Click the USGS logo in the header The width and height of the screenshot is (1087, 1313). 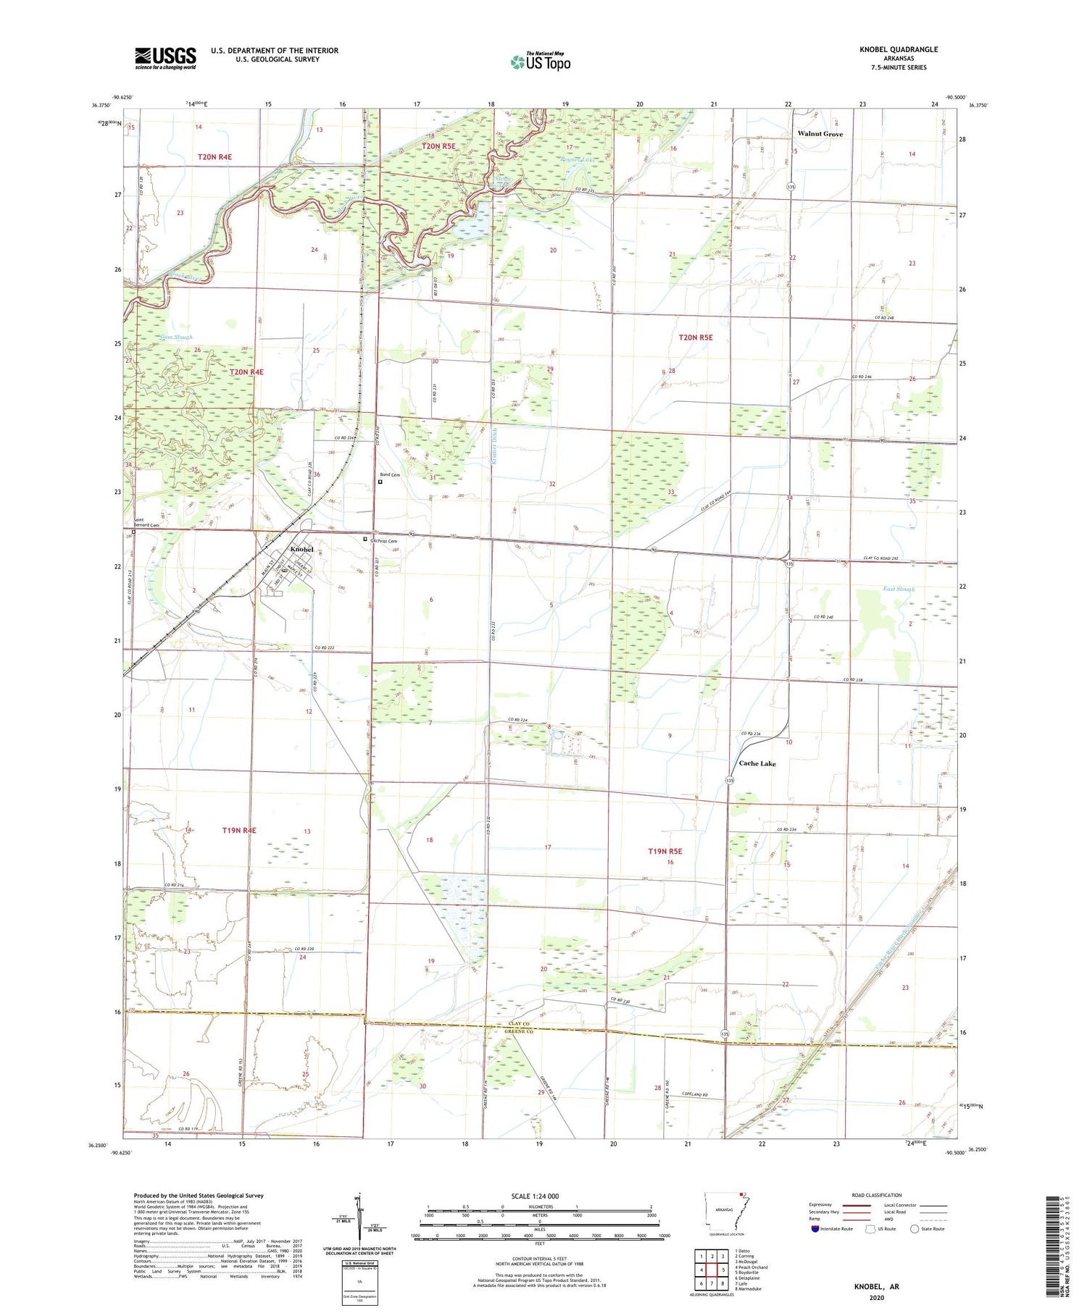coord(165,58)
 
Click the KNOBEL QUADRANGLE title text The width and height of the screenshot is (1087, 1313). coord(896,49)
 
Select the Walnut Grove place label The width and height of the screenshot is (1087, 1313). coord(820,134)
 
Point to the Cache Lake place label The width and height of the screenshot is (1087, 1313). coord(757,763)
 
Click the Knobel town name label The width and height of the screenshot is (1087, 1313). coord(301,550)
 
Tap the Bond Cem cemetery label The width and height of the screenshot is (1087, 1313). coord(391,475)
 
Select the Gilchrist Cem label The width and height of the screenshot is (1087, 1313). coord(384,541)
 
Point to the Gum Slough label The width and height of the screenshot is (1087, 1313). coord(176,337)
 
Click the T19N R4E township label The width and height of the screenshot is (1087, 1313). coord(239,831)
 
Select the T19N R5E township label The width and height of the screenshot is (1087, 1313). coord(665,852)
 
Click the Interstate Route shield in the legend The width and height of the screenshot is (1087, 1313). coord(815,1229)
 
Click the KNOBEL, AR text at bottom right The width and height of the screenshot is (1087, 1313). coord(875,1287)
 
